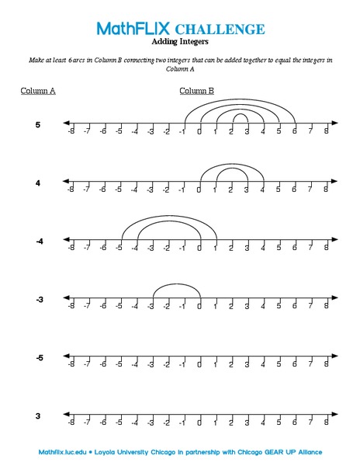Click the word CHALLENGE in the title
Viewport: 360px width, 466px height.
pos(225,30)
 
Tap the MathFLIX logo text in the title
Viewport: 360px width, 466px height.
pos(139,30)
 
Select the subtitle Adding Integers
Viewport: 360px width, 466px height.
pos(180,43)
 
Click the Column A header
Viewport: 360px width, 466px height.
pos(38,91)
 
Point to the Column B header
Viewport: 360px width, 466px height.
pos(197,91)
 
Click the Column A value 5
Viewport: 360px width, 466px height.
pos(38,124)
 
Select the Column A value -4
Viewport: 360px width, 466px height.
pos(38,242)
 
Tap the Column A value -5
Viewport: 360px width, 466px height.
pos(38,358)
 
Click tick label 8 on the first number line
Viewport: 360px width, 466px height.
pos(326,131)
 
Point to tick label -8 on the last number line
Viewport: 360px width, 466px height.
pos(71,423)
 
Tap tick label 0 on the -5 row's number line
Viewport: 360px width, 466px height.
pos(199,365)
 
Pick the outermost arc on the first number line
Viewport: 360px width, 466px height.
pos(239,99)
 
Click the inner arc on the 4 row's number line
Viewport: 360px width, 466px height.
pos(231,169)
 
